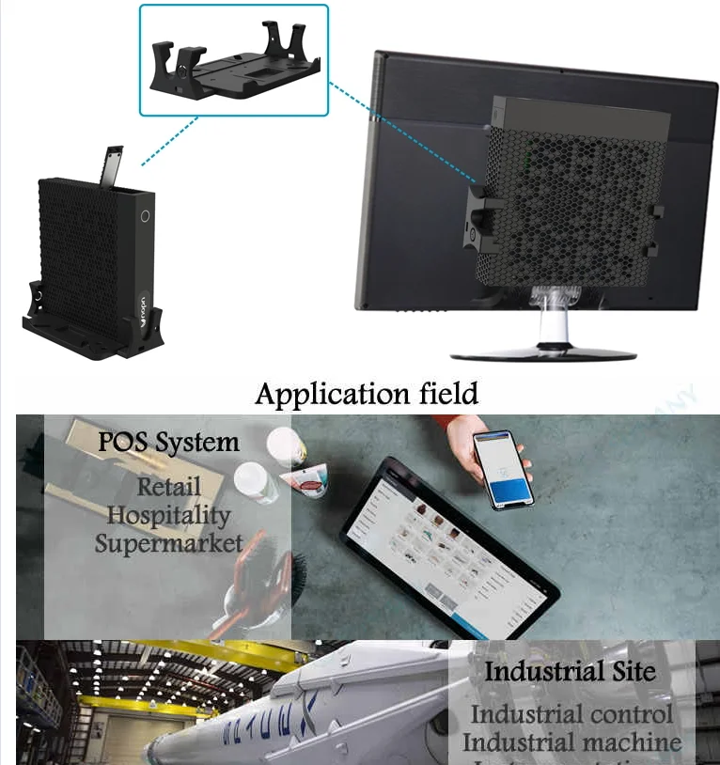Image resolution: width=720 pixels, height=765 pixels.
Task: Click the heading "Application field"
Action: pyautogui.click(x=367, y=393)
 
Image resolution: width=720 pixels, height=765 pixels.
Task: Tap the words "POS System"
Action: pyautogui.click(x=169, y=442)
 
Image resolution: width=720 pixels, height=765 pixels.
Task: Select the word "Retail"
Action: pyautogui.click(x=169, y=487)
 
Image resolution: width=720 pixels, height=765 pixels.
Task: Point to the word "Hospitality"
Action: pyautogui.click(x=168, y=515)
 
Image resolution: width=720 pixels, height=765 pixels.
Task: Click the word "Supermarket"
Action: pyautogui.click(x=169, y=543)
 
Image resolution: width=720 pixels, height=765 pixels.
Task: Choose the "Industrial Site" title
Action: pyautogui.click(x=570, y=672)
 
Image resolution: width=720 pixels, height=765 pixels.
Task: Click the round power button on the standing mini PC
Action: pyautogui.click(x=145, y=215)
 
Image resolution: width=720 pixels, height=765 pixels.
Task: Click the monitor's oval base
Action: pyautogui.click(x=543, y=353)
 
